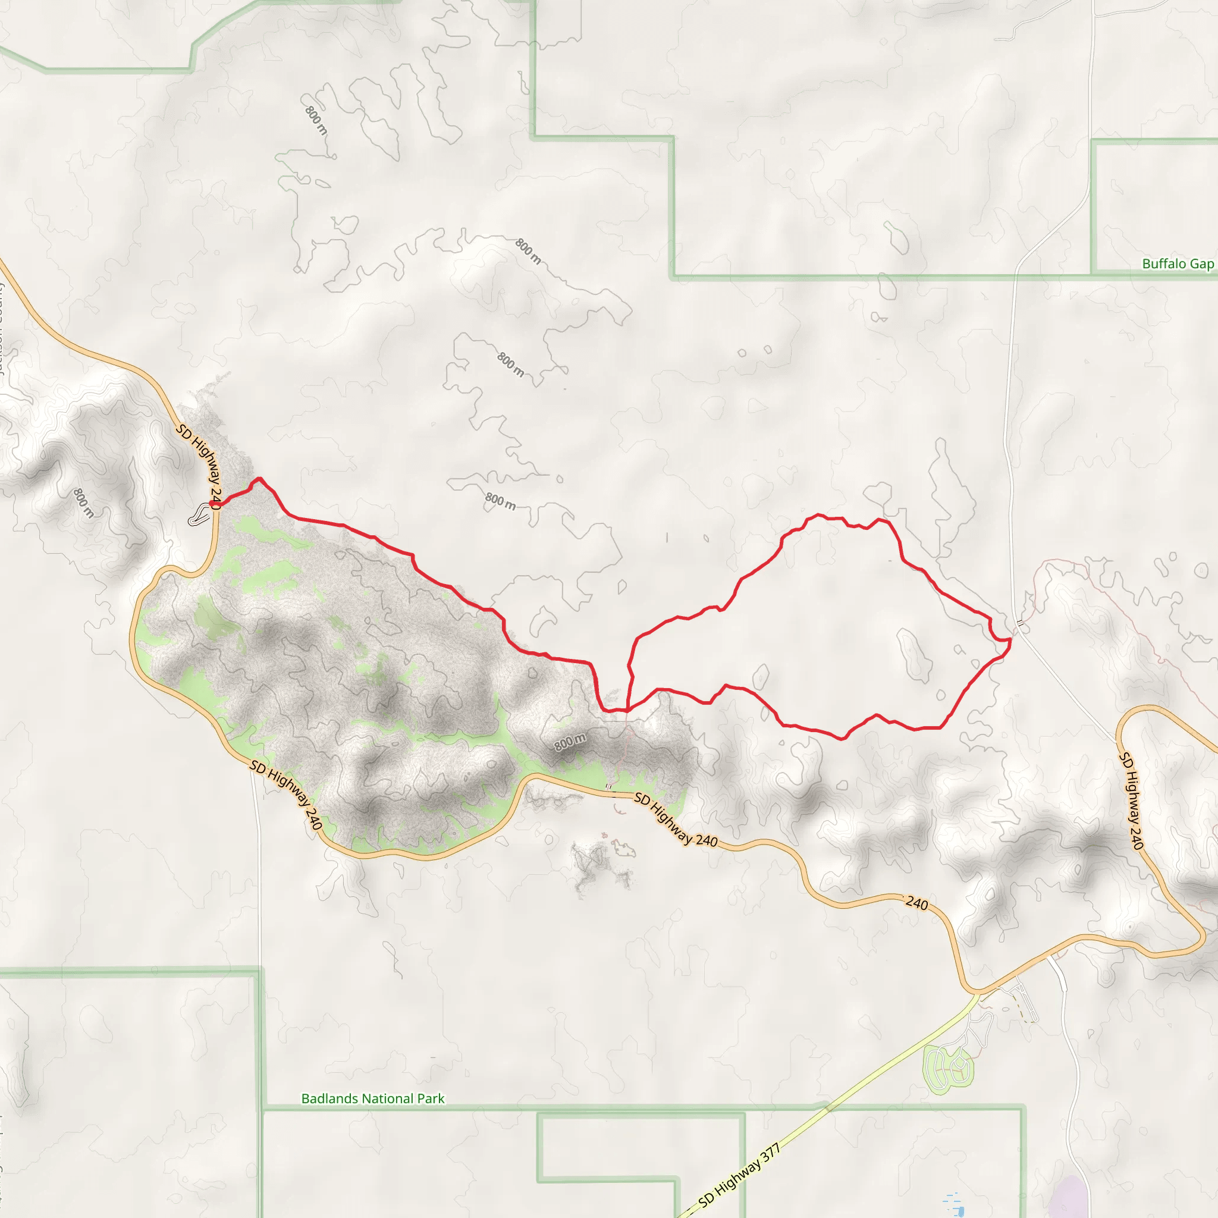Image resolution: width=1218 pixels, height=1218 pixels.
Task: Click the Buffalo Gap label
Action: pos(1178,264)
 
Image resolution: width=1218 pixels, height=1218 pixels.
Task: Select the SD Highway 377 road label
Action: pos(739,1176)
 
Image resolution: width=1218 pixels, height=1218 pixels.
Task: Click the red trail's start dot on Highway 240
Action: pos(214,504)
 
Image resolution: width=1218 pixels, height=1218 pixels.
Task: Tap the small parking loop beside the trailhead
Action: pos(200,514)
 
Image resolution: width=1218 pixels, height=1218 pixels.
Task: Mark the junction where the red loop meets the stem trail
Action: pos(627,711)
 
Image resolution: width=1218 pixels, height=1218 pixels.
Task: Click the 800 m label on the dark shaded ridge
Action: pos(570,742)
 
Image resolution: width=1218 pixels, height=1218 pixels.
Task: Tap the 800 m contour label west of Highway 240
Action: pos(83,503)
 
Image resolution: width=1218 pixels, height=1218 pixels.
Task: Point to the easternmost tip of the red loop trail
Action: pos(1010,641)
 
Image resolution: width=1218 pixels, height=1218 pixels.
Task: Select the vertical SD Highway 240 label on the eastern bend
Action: pos(1131,800)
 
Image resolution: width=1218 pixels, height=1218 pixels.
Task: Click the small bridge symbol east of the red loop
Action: pos(1019,623)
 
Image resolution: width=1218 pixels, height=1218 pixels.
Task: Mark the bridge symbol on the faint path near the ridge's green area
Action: pos(608,786)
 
